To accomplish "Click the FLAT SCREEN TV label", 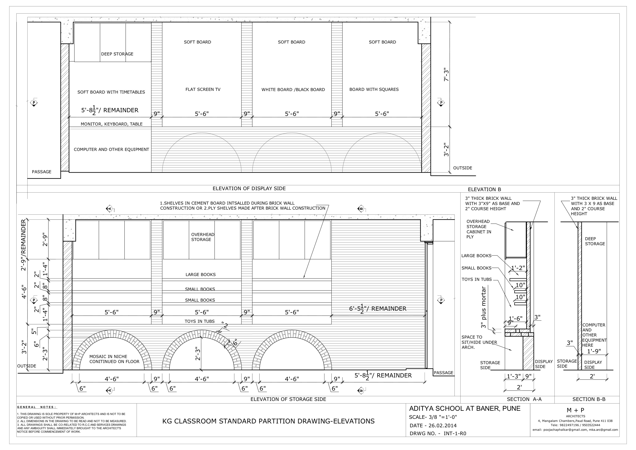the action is [x=203, y=89].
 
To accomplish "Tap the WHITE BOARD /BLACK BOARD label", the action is [x=293, y=89].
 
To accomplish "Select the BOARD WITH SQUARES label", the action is [x=374, y=89].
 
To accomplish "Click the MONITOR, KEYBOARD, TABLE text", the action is [x=112, y=124].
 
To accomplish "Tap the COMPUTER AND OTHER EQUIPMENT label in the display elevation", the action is [x=111, y=149].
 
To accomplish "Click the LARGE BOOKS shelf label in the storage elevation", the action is [x=201, y=274].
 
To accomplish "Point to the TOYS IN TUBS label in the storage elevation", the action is [x=200, y=321].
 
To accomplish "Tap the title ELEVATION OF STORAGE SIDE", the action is [x=288, y=399].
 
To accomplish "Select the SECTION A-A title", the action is [x=524, y=399].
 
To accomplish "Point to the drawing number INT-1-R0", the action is [x=455, y=434].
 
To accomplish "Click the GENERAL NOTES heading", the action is [x=37, y=407].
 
